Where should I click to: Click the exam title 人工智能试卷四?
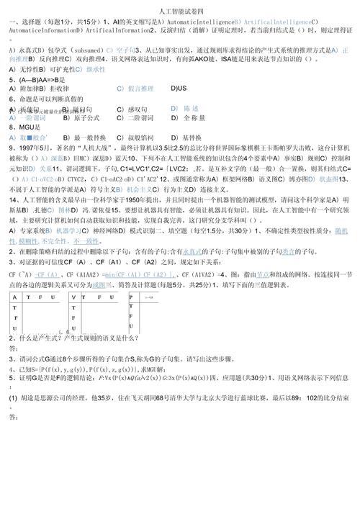pos(179,9)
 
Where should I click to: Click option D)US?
pos(179,88)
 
